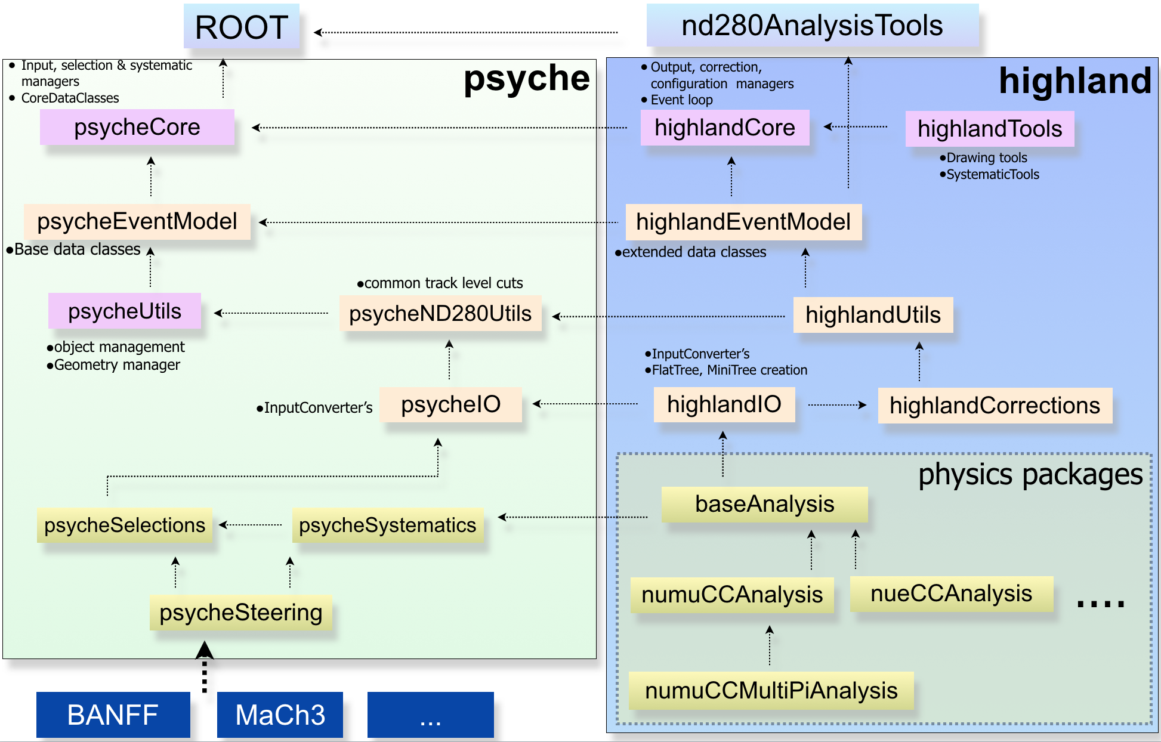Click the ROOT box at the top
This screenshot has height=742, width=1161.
click(241, 27)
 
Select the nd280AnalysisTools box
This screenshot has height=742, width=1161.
click(812, 26)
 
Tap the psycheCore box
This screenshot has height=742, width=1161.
click(137, 127)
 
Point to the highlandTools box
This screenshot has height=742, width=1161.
click(989, 129)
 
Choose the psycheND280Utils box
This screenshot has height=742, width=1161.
click(440, 313)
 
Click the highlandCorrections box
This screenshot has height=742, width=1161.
click(995, 406)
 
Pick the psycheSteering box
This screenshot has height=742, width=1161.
click(240, 613)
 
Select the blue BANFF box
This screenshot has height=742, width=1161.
click(113, 715)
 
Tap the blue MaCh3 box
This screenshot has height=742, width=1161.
click(280, 715)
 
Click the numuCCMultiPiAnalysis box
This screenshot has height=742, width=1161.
click(771, 691)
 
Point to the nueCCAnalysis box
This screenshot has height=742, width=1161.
click(951, 593)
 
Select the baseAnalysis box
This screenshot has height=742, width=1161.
click(764, 504)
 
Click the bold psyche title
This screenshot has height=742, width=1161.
click(526, 78)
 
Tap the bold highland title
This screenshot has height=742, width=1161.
click(1074, 81)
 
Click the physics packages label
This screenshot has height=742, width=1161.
click(1030, 475)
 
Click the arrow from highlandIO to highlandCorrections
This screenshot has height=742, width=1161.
click(836, 405)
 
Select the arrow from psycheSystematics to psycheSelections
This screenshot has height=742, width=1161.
click(251, 525)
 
